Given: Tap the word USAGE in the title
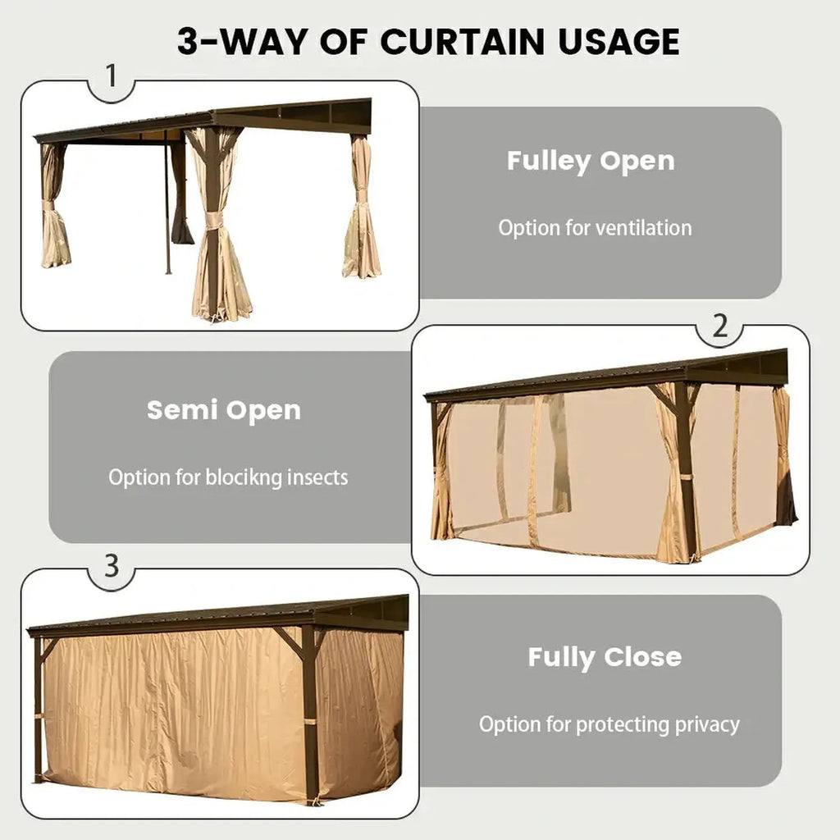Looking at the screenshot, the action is (x=619, y=41).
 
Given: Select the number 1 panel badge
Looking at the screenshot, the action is (x=112, y=75).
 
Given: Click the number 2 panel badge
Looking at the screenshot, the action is (x=720, y=325).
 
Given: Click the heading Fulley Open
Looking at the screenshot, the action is (x=591, y=161).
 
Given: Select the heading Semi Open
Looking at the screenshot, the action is (x=224, y=410).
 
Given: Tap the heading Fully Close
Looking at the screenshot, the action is (x=605, y=657).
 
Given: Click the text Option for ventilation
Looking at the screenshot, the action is (x=595, y=228).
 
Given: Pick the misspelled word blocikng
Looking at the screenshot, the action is (x=244, y=477).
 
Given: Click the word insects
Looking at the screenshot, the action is (x=317, y=477).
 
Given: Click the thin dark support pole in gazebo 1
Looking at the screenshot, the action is (x=167, y=203).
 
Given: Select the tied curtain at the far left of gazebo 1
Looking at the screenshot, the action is (x=55, y=206).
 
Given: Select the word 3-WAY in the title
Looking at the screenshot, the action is (x=244, y=41).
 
